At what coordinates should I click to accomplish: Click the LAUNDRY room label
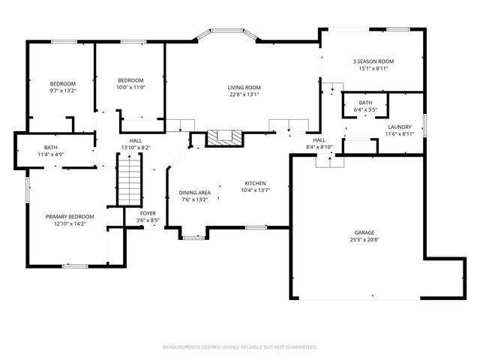[399, 127]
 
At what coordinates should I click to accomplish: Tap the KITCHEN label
[255, 183]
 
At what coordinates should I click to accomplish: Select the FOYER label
[148, 213]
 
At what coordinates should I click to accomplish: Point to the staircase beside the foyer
[129, 183]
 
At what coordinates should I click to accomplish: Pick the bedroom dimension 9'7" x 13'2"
[63, 91]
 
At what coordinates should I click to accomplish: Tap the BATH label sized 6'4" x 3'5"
[365, 103]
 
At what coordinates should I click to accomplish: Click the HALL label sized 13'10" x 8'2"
[136, 140]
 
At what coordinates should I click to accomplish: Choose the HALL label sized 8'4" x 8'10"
[319, 140]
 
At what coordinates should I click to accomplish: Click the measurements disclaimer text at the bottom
[240, 347]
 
